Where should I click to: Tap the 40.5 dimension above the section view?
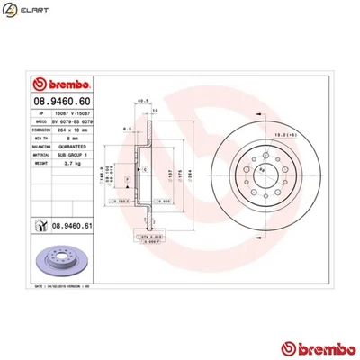[140, 102]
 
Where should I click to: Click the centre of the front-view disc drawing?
[262, 172]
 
